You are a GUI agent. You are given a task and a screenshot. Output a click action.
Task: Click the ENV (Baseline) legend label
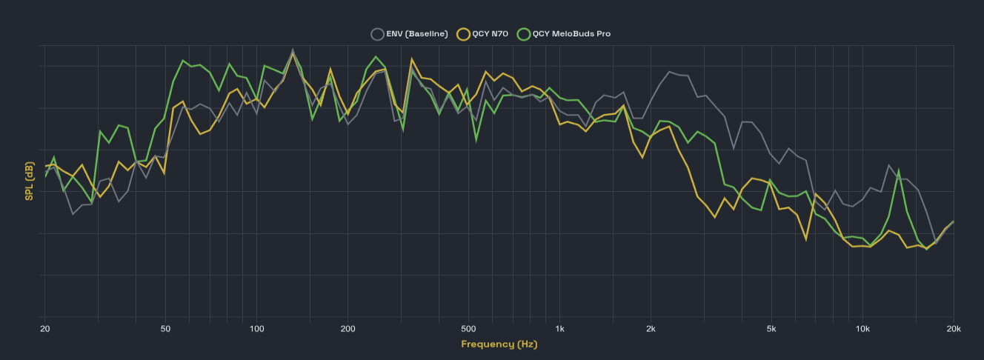[x=416, y=33]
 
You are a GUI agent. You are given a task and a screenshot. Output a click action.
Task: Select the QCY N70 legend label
[x=490, y=33]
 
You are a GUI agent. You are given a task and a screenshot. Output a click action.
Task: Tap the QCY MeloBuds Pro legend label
[x=571, y=33]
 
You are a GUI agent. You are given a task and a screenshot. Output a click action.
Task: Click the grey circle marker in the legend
[x=377, y=33]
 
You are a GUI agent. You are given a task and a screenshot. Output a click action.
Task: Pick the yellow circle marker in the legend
[x=464, y=33]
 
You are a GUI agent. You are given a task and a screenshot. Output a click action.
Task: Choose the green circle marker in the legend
[x=524, y=33]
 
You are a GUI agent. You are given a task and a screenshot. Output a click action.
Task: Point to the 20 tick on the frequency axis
[x=44, y=328]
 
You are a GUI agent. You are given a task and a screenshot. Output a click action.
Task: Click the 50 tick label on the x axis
[x=165, y=328]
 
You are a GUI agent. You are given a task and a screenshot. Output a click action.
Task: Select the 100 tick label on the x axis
[x=257, y=328]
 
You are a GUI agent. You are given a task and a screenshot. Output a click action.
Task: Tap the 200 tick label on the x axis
[x=348, y=328]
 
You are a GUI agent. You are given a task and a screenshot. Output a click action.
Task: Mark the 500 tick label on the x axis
[x=468, y=328]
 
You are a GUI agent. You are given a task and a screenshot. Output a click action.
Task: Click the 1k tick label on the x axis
[x=559, y=328]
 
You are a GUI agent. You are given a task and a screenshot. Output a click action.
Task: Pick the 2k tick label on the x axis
[x=651, y=328]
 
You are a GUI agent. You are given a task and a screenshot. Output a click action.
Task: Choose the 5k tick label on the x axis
[x=771, y=328]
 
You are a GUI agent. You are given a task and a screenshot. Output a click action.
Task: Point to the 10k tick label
[x=862, y=328]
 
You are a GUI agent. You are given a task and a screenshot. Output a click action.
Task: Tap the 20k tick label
[x=953, y=328]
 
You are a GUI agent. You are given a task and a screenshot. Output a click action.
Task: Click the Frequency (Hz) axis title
[x=499, y=344]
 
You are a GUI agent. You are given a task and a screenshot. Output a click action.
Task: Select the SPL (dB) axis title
[x=29, y=181]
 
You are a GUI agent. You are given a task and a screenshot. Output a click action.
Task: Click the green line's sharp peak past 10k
[x=899, y=170]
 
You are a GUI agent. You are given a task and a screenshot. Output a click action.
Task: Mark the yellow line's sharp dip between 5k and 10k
[x=806, y=239]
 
